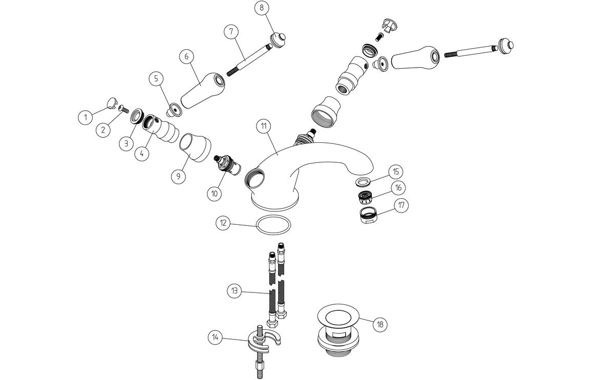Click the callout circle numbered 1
pyautogui.click(x=86, y=118)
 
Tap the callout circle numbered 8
pyautogui.click(x=262, y=8)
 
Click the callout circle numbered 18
pyautogui.click(x=379, y=324)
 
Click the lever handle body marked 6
pyautogui.click(x=200, y=91)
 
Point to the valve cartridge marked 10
pyautogui.click(x=225, y=164)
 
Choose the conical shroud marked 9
pyautogui.click(x=195, y=148)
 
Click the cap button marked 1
pyautogui.click(x=112, y=104)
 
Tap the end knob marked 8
pyautogui.click(x=278, y=39)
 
